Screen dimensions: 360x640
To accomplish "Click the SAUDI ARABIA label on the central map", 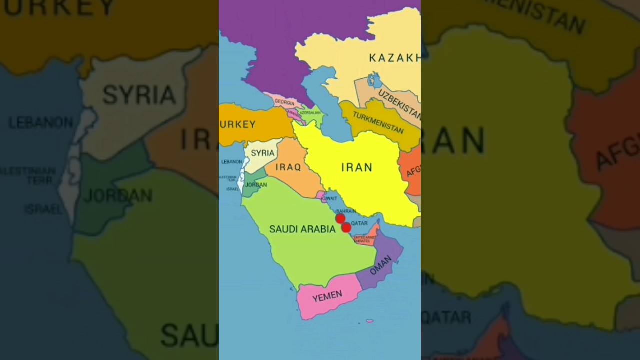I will pyautogui.click(x=302, y=229).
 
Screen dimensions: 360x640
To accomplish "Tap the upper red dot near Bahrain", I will pyautogui.click(x=340, y=218).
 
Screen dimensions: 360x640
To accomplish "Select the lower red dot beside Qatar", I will pyautogui.click(x=346, y=227).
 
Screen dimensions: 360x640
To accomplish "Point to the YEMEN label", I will pyautogui.click(x=327, y=297).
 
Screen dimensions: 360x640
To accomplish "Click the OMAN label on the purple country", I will pyautogui.click(x=381, y=265).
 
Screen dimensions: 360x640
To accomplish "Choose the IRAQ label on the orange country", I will pyautogui.click(x=289, y=167).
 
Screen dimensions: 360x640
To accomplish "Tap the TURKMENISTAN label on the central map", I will pyautogui.click(x=378, y=122).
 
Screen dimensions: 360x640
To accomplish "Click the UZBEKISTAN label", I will pyautogui.click(x=399, y=103).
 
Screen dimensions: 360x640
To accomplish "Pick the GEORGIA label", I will pyautogui.click(x=284, y=103).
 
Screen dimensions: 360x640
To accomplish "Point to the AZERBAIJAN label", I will pyautogui.click(x=310, y=113).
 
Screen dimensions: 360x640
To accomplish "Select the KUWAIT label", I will pyautogui.click(x=329, y=198).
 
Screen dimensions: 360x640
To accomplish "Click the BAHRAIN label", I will pyautogui.click(x=346, y=211).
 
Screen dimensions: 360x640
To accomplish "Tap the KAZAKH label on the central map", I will pyautogui.click(x=394, y=58).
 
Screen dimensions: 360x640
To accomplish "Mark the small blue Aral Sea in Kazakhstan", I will pyautogui.click(x=373, y=79).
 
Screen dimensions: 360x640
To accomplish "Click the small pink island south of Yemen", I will pyautogui.click(x=369, y=321).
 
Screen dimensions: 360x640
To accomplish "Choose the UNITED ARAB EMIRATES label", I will pyautogui.click(x=364, y=239).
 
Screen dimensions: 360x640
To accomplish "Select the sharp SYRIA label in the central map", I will pyautogui.click(x=263, y=153).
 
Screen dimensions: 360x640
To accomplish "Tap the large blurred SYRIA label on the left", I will pyautogui.click(x=139, y=94).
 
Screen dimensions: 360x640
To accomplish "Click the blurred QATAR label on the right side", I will pyautogui.click(x=446, y=316).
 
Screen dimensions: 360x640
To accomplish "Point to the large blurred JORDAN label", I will pyautogui.click(x=118, y=195).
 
